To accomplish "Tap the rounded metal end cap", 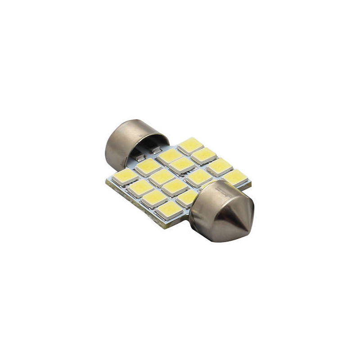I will point(124,137).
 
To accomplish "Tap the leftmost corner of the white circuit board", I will point(107,181).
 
